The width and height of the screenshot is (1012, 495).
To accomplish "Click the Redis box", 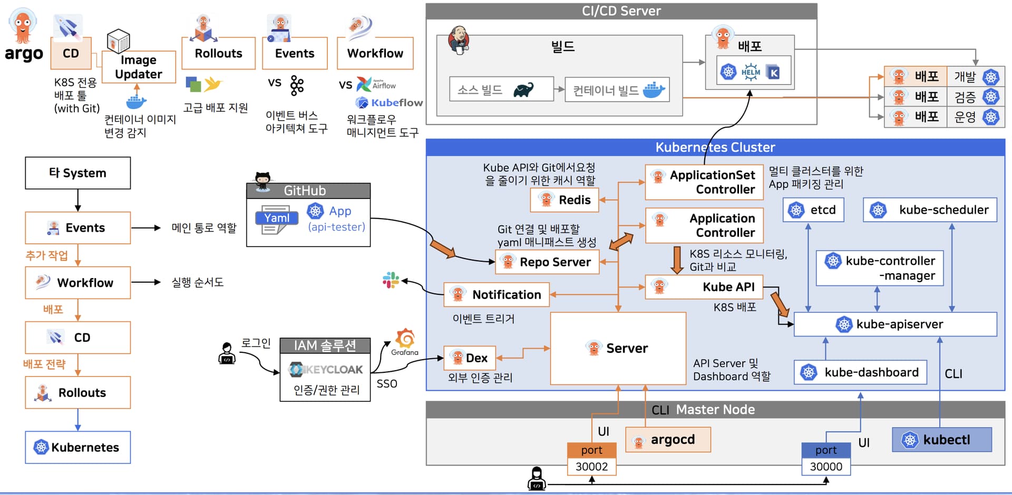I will (565, 200).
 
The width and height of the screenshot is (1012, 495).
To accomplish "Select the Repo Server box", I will (547, 262).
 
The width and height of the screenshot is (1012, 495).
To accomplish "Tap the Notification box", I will (497, 294).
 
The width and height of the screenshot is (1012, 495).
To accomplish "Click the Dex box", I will (470, 358).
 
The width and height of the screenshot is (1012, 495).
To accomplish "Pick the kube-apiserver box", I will (895, 324).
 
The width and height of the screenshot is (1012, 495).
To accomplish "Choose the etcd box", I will (813, 210).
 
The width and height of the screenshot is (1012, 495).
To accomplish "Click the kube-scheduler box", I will (930, 210).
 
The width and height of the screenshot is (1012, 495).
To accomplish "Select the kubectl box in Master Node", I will (941, 440).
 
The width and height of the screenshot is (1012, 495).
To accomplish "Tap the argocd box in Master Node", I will (668, 440).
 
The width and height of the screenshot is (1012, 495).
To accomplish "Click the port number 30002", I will (591, 467).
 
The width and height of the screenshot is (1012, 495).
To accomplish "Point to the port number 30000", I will (826, 467).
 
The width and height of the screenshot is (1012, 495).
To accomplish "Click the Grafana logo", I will (405, 340).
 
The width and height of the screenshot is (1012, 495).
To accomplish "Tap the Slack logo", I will (391, 280).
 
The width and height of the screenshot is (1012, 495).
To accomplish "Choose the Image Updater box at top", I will (139, 67).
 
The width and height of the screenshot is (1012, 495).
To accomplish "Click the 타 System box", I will (78, 173).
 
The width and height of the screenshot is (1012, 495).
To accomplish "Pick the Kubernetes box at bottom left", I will (78, 447).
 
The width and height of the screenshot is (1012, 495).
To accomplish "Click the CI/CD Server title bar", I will (621, 11).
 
